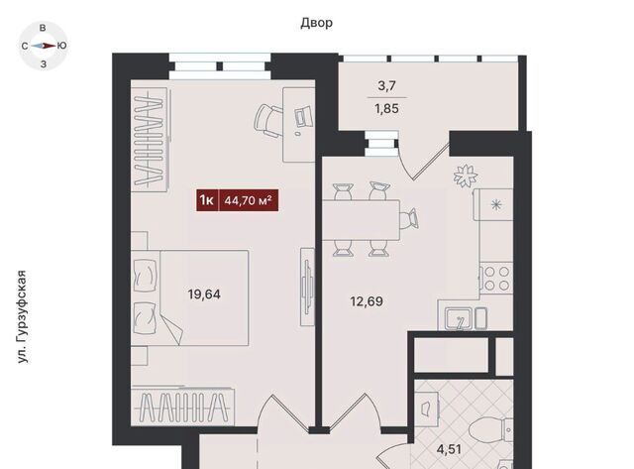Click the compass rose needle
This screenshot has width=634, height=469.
click(44, 46)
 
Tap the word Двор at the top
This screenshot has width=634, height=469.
click(317, 23)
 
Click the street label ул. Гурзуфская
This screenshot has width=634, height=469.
click(23, 316)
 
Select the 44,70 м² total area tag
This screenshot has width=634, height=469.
click(249, 200)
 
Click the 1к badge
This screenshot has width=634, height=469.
click(207, 200)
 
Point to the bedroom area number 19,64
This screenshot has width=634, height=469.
click(204, 294)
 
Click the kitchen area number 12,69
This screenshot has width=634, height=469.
click(367, 301)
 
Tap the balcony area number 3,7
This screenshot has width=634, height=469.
click(387, 86)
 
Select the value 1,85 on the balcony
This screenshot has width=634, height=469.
click(387, 109)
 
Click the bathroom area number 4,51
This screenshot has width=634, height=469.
click(449, 449)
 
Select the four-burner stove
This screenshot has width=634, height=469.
click(496, 278)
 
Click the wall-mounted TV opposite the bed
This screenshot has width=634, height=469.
click(308, 287)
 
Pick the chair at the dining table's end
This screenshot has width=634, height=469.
click(409, 219)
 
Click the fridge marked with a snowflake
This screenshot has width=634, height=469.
click(494, 204)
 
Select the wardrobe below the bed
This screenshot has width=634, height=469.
click(182, 407)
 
